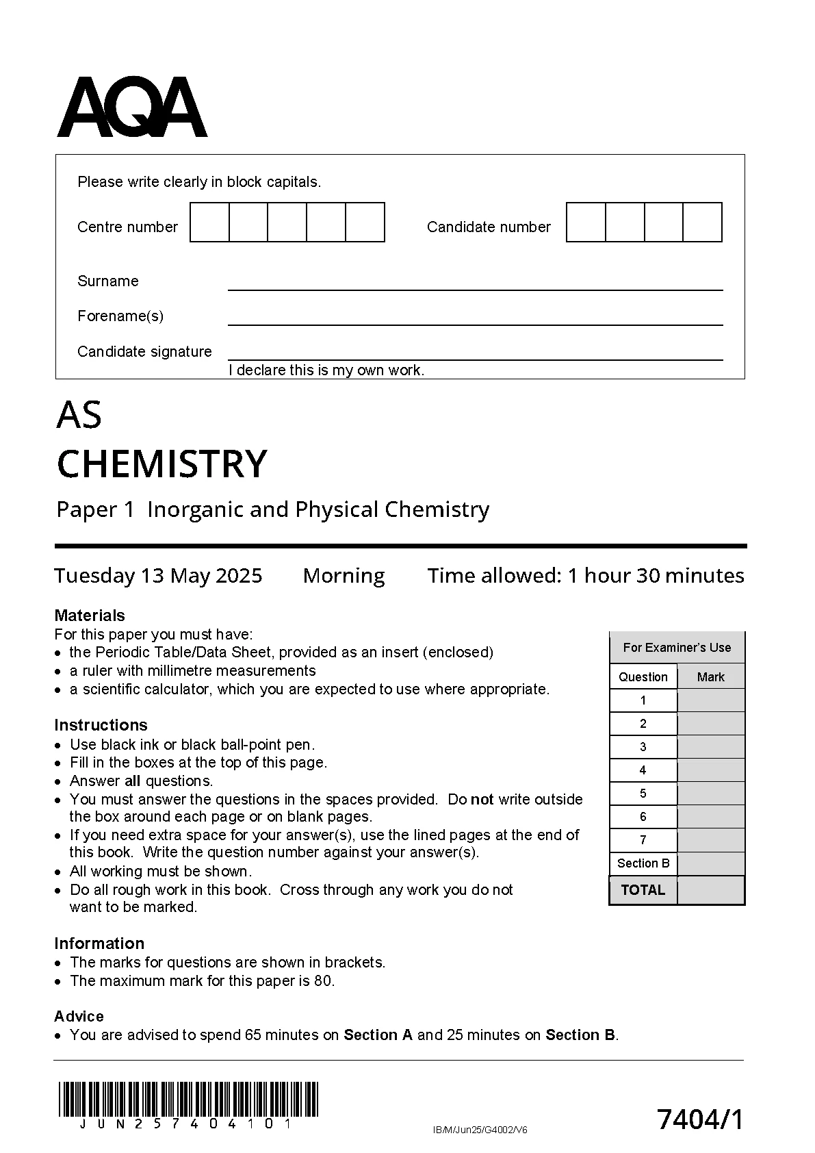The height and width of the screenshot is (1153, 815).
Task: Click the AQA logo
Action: pyautogui.click(x=131, y=107)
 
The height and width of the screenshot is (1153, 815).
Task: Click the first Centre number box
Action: pyautogui.click(x=209, y=222)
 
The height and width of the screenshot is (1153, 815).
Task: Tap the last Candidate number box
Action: pyautogui.click(x=703, y=222)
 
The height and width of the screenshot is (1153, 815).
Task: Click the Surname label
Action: pyautogui.click(x=107, y=281)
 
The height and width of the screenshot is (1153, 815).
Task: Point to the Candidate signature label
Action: pyautogui.click(x=144, y=351)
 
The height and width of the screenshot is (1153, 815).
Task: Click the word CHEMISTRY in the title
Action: pyautogui.click(x=161, y=464)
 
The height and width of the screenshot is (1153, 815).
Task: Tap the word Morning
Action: pyautogui.click(x=344, y=575)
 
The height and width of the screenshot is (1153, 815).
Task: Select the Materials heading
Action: pyautogui.click(x=90, y=615)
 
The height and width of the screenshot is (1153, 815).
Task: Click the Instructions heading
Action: pyautogui.click(x=101, y=725)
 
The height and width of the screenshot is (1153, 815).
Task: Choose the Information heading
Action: pyautogui.click(x=99, y=943)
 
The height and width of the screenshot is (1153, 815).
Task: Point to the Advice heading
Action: pyautogui.click(x=79, y=1016)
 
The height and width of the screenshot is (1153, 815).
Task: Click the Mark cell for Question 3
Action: pyautogui.click(x=710, y=747)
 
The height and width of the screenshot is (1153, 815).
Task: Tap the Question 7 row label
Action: pyautogui.click(x=643, y=840)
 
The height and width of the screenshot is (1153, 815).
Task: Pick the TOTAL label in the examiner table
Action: pyautogui.click(x=643, y=890)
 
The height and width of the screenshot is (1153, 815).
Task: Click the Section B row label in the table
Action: pyautogui.click(x=643, y=863)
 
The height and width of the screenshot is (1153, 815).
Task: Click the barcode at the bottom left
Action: pyautogui.click(x=188, y=1099)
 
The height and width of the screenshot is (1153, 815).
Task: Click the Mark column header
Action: pyautogui.click(x=710, y=676)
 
